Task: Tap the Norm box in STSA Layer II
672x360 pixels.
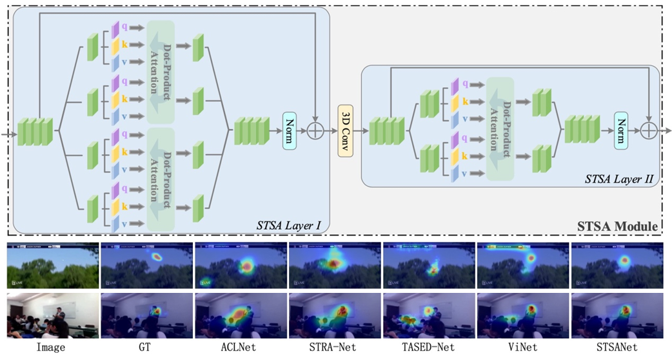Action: point(621,130)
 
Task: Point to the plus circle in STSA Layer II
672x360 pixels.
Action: point(649,130)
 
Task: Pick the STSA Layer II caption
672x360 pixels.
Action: point(622,179)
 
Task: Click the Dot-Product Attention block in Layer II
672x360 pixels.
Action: point(500,128)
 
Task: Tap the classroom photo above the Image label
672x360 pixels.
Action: point(52,315)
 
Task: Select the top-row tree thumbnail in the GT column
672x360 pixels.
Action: point(146,266)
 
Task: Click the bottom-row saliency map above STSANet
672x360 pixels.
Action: point(617,315)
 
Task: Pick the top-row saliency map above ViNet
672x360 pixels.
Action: point(523,266)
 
